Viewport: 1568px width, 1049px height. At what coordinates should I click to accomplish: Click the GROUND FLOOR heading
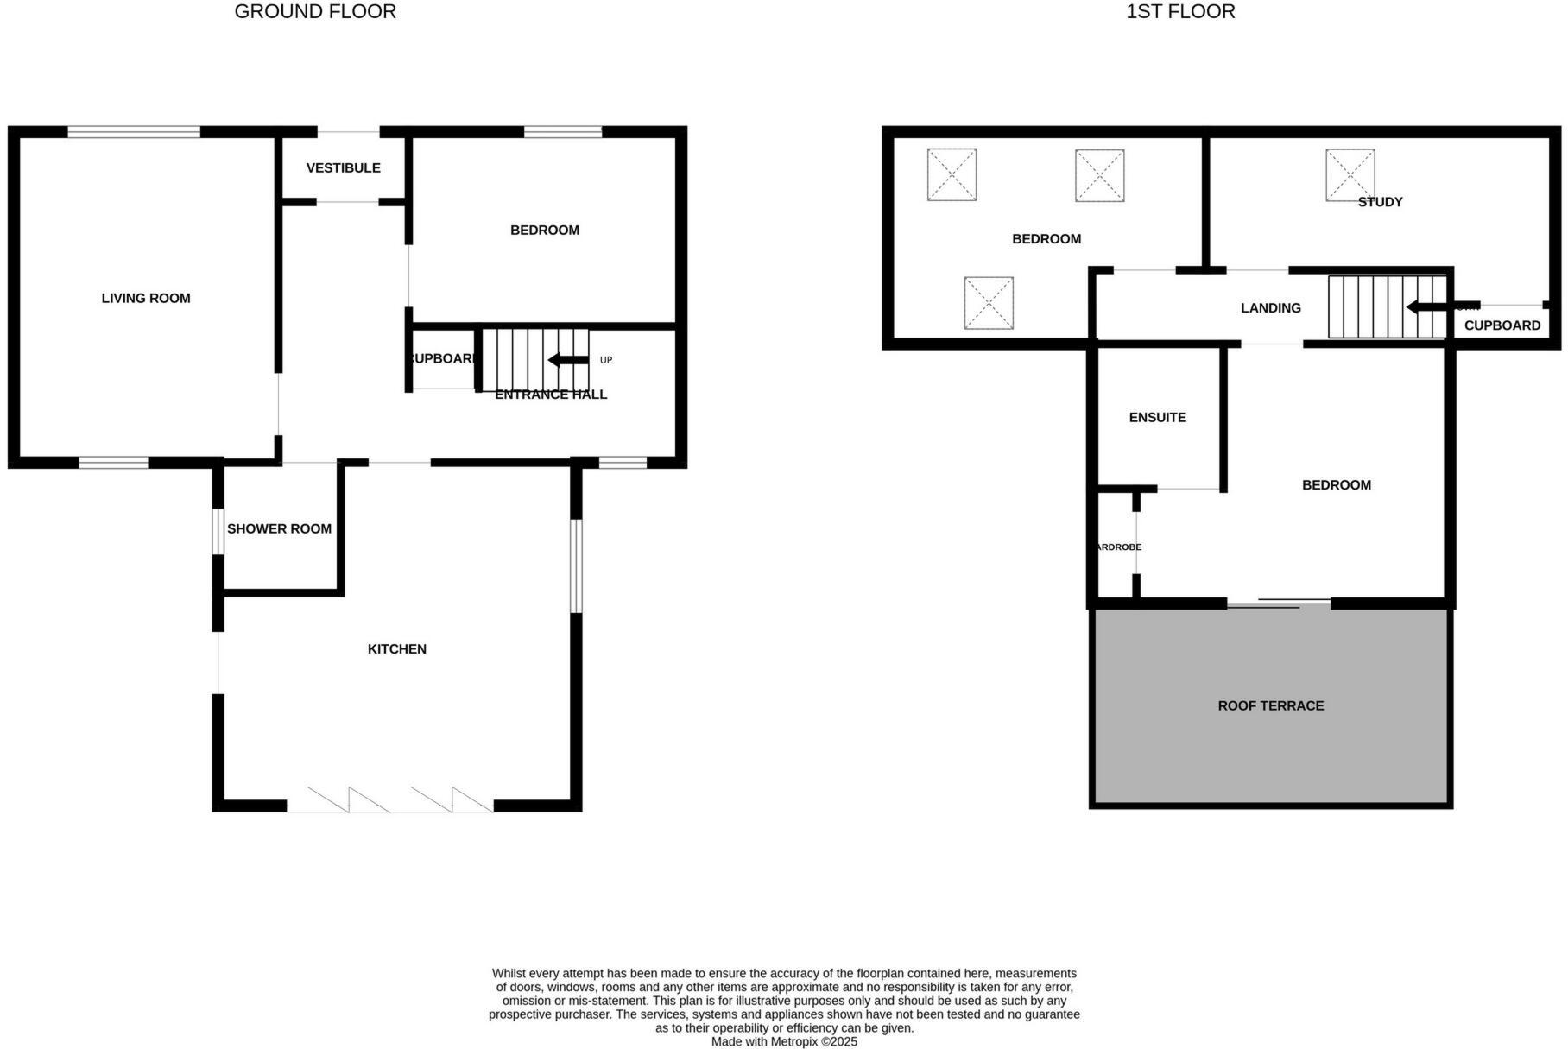pos(315,12)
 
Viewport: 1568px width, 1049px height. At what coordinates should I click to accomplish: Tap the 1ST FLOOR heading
pos(1180,12)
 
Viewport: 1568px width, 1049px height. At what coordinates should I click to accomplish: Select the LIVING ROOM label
pos(146,299)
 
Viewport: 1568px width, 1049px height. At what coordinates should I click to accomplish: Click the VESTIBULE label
pos(343,168)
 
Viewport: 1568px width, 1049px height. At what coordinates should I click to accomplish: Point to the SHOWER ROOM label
pos(279,529)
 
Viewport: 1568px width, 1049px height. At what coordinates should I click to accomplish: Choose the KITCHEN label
pos(397,649)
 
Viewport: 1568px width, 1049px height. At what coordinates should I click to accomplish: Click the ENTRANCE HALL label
pos(551,395)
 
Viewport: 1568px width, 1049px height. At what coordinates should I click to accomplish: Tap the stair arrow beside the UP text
pos(567,360)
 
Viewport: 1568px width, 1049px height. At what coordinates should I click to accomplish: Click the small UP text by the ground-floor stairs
pos(606,360)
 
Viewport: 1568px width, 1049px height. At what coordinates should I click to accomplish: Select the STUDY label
pos(1380,202)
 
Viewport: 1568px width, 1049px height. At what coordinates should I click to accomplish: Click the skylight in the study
pos(1350,175)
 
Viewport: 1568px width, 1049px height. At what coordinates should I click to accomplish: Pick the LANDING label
pos(1270,308)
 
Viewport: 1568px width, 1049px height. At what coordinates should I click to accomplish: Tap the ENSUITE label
pos(1157,418)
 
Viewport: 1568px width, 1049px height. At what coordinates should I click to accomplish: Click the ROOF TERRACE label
pos(1270,706)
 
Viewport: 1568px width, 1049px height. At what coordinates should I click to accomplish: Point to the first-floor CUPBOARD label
pos(1502,325)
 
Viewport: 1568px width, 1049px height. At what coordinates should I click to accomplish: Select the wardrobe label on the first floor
pos(1117,547)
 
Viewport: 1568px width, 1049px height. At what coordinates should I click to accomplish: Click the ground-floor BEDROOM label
pos(544,231)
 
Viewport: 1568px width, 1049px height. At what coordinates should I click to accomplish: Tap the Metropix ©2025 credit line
pos(784,1042)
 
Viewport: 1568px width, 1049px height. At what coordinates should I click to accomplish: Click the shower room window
pos(218,532)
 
